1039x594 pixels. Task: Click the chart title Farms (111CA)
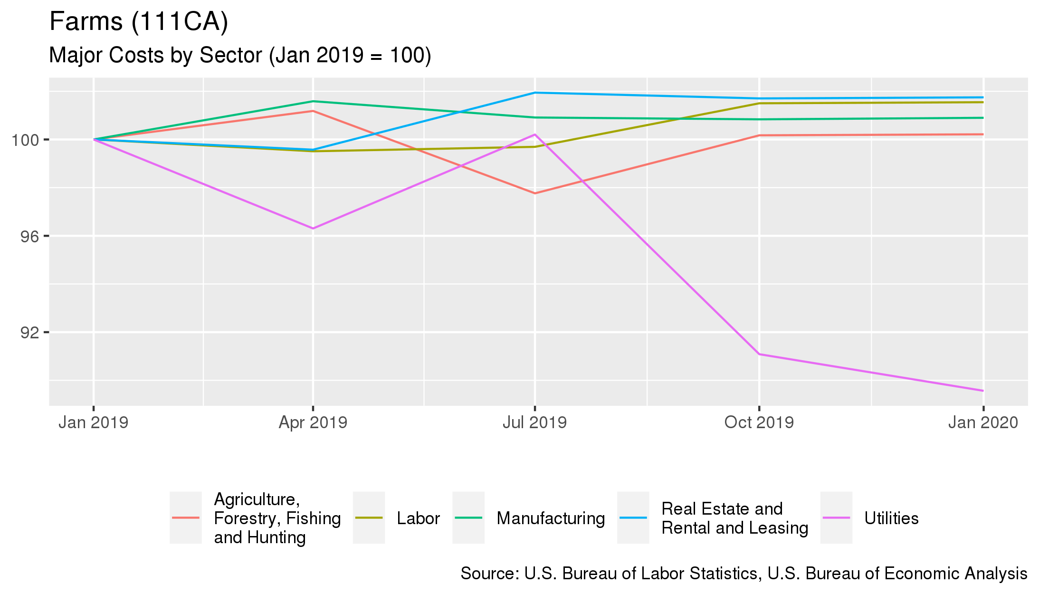coord(139,22)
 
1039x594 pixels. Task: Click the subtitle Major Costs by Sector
coord(240,56)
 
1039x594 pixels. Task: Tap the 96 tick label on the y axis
coord(29,237)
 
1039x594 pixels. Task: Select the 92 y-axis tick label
coord(29,333)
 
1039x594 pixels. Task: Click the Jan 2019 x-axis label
coord(93,422)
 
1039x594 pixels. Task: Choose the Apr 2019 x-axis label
coord(313,422)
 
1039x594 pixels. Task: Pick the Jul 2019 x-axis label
coord(534,422)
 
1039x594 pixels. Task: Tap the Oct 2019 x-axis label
coord(759,422)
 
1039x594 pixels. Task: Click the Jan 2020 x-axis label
coord(983,422)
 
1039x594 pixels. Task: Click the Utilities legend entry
coord(891,518)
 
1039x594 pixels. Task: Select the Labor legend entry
coord(418,518)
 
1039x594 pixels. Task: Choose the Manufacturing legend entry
coord(551,518)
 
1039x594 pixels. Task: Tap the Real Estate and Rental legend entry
coord(734,518)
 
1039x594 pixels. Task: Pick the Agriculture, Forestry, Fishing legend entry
coord(277,518)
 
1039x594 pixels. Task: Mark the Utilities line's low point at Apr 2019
coord(313,229)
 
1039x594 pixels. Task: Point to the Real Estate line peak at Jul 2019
coord(535,93)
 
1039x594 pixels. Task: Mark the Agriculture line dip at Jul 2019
coord(535,193)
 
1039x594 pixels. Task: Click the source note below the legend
coord(744,574)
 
